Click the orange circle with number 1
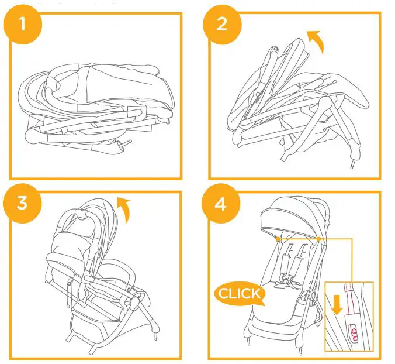24,25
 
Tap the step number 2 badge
221,25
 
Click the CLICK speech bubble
240,293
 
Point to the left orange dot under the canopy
277,239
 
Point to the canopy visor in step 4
292,223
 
